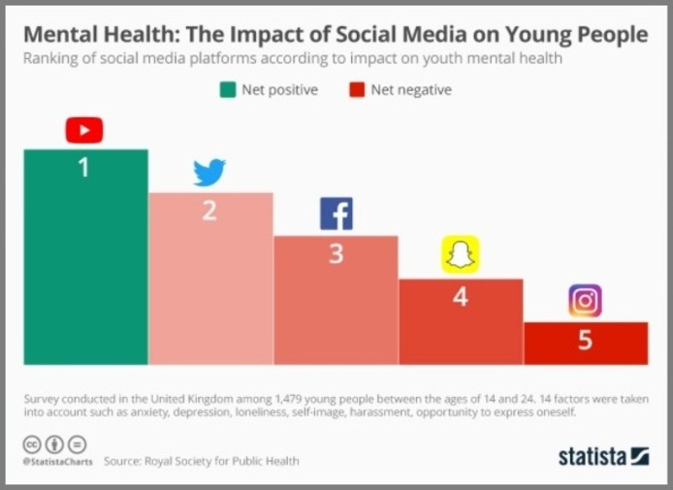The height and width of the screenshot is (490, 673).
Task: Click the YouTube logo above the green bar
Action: point(84,129)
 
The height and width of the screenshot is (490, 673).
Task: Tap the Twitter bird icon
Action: point(209,173)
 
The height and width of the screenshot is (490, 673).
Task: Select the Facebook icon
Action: point(336,213)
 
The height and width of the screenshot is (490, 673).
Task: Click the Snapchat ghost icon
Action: point(461,254)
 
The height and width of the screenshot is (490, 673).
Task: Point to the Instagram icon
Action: point(585,301)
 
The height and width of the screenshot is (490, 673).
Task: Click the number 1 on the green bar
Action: point(84,168)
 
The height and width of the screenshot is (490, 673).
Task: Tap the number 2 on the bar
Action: point(209,210)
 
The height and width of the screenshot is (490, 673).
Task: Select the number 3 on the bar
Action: point(336,254)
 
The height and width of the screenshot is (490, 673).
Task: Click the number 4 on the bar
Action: point(461,297)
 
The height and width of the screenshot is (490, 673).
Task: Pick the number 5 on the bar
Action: point(585,342)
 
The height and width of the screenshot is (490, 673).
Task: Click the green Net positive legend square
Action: point(228,90)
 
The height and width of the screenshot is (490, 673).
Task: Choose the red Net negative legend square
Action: point(356,90)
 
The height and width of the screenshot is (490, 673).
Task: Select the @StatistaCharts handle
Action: point(58,462)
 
